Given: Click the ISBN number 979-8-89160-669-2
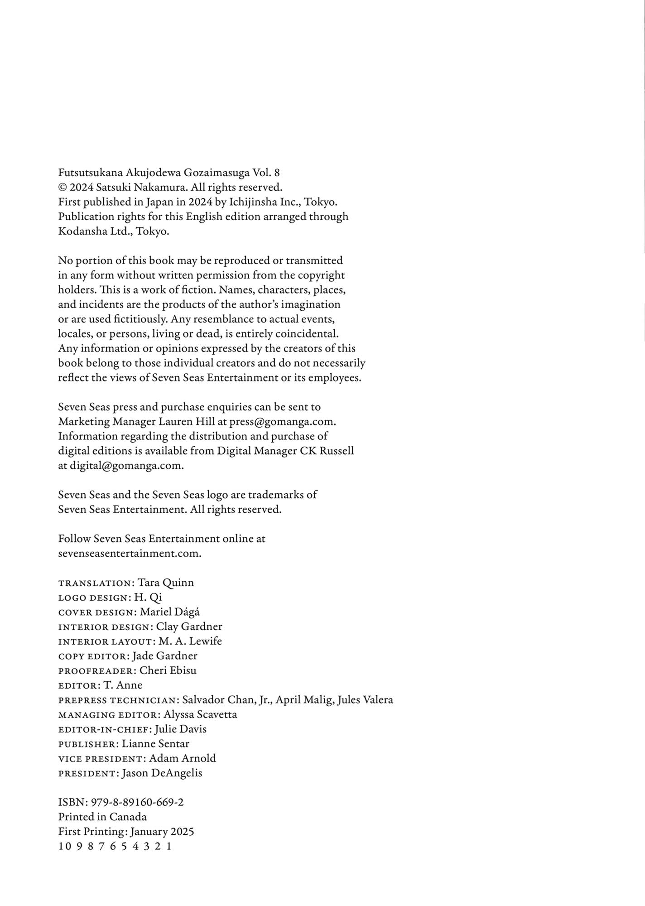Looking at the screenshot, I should point(137,802).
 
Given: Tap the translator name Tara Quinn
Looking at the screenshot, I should point(165,583).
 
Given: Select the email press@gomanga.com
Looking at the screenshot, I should point(282,422).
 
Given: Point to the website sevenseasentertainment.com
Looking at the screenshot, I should point(129,553).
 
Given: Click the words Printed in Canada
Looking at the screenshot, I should point(102,817).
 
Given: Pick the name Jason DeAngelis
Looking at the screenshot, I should point(162,773).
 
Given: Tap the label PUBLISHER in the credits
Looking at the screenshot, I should point(87,744).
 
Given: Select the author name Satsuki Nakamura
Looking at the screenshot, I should point(142,187).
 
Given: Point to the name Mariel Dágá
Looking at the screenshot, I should point(169,612).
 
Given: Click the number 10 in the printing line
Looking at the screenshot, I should point(65,846).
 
